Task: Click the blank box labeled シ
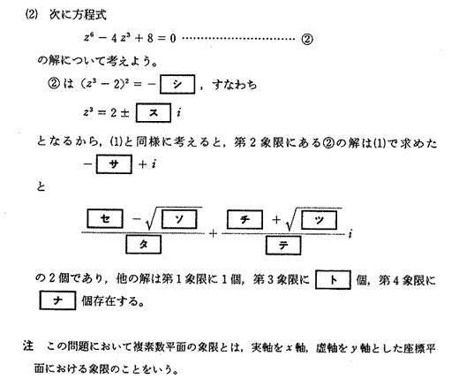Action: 177,84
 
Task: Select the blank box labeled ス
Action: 154,112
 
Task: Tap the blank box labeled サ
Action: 114,164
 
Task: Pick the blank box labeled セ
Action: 105,218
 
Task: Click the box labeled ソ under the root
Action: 179,219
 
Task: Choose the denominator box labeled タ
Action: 143,244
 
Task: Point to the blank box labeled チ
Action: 245,219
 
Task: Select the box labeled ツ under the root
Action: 319,220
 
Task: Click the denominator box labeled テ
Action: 283,245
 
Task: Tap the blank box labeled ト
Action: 333,279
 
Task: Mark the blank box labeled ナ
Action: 57,300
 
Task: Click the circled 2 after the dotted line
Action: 306,39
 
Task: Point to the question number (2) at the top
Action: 32,15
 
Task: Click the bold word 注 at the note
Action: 28,345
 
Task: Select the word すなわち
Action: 234,85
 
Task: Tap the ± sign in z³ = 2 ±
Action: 124,113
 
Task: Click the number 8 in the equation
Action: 150,38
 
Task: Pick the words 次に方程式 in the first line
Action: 78,15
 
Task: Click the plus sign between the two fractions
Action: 213,234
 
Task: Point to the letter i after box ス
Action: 178,112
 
